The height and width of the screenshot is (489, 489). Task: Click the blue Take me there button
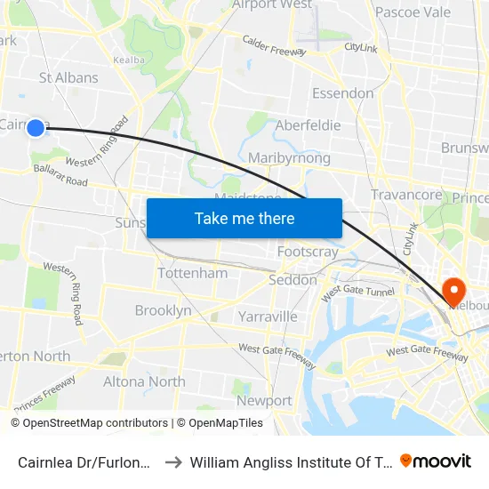[x=244, y=218]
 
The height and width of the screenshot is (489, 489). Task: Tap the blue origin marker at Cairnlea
[x=36, y=128]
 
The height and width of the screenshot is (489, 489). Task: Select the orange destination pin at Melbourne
[x=453, y=291]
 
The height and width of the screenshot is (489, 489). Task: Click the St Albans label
[x=68, y=77]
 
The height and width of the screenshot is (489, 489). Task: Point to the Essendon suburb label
[x=342, y=93]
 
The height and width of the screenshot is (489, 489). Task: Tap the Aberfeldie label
[x=308, y=125]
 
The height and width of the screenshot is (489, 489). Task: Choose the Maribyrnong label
[x=290, y=158]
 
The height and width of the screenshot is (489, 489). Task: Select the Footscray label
[x=308, y=252]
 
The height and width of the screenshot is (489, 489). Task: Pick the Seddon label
[x=293, y=280]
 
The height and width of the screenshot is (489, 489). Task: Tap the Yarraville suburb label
[x=268, y=316]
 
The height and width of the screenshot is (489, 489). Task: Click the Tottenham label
[x=192, y=273]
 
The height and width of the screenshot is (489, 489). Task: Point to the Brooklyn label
[x=163, y=310]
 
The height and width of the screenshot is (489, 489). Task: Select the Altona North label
[x=144, y=381]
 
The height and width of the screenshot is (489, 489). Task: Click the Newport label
[x=264, y=400]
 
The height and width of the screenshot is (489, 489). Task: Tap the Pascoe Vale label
[x=413, y=12]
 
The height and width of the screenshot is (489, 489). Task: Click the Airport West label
[x=271, y=5]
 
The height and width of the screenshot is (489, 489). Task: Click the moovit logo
[x=436, y=461]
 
